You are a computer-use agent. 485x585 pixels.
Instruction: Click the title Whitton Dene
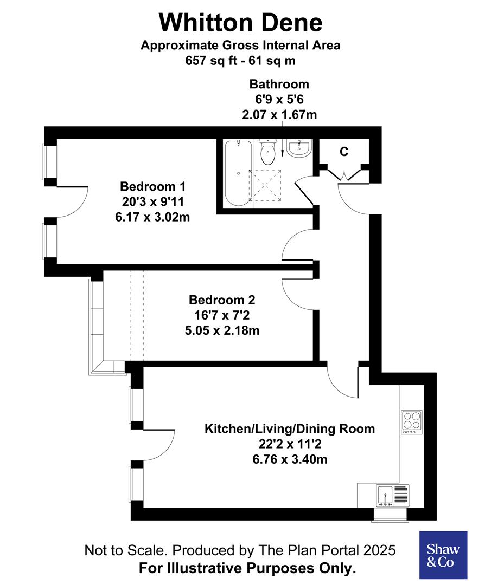coord(240,23)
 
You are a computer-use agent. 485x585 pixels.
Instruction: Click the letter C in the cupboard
coord(344,152)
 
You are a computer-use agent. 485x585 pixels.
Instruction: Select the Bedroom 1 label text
coord(152,187)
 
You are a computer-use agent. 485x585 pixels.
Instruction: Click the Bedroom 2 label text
coord(221,300)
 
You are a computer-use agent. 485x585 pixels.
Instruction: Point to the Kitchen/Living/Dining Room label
coord(289,429)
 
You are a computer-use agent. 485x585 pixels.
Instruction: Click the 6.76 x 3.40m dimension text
coord(289,460)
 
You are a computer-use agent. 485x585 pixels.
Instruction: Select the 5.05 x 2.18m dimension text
coord(221,330)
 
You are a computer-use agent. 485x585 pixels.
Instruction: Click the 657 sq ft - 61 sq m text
coord(240,60)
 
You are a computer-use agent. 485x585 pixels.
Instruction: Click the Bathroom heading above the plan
coord(279,84)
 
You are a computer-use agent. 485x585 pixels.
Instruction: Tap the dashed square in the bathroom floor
coord(265,185)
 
